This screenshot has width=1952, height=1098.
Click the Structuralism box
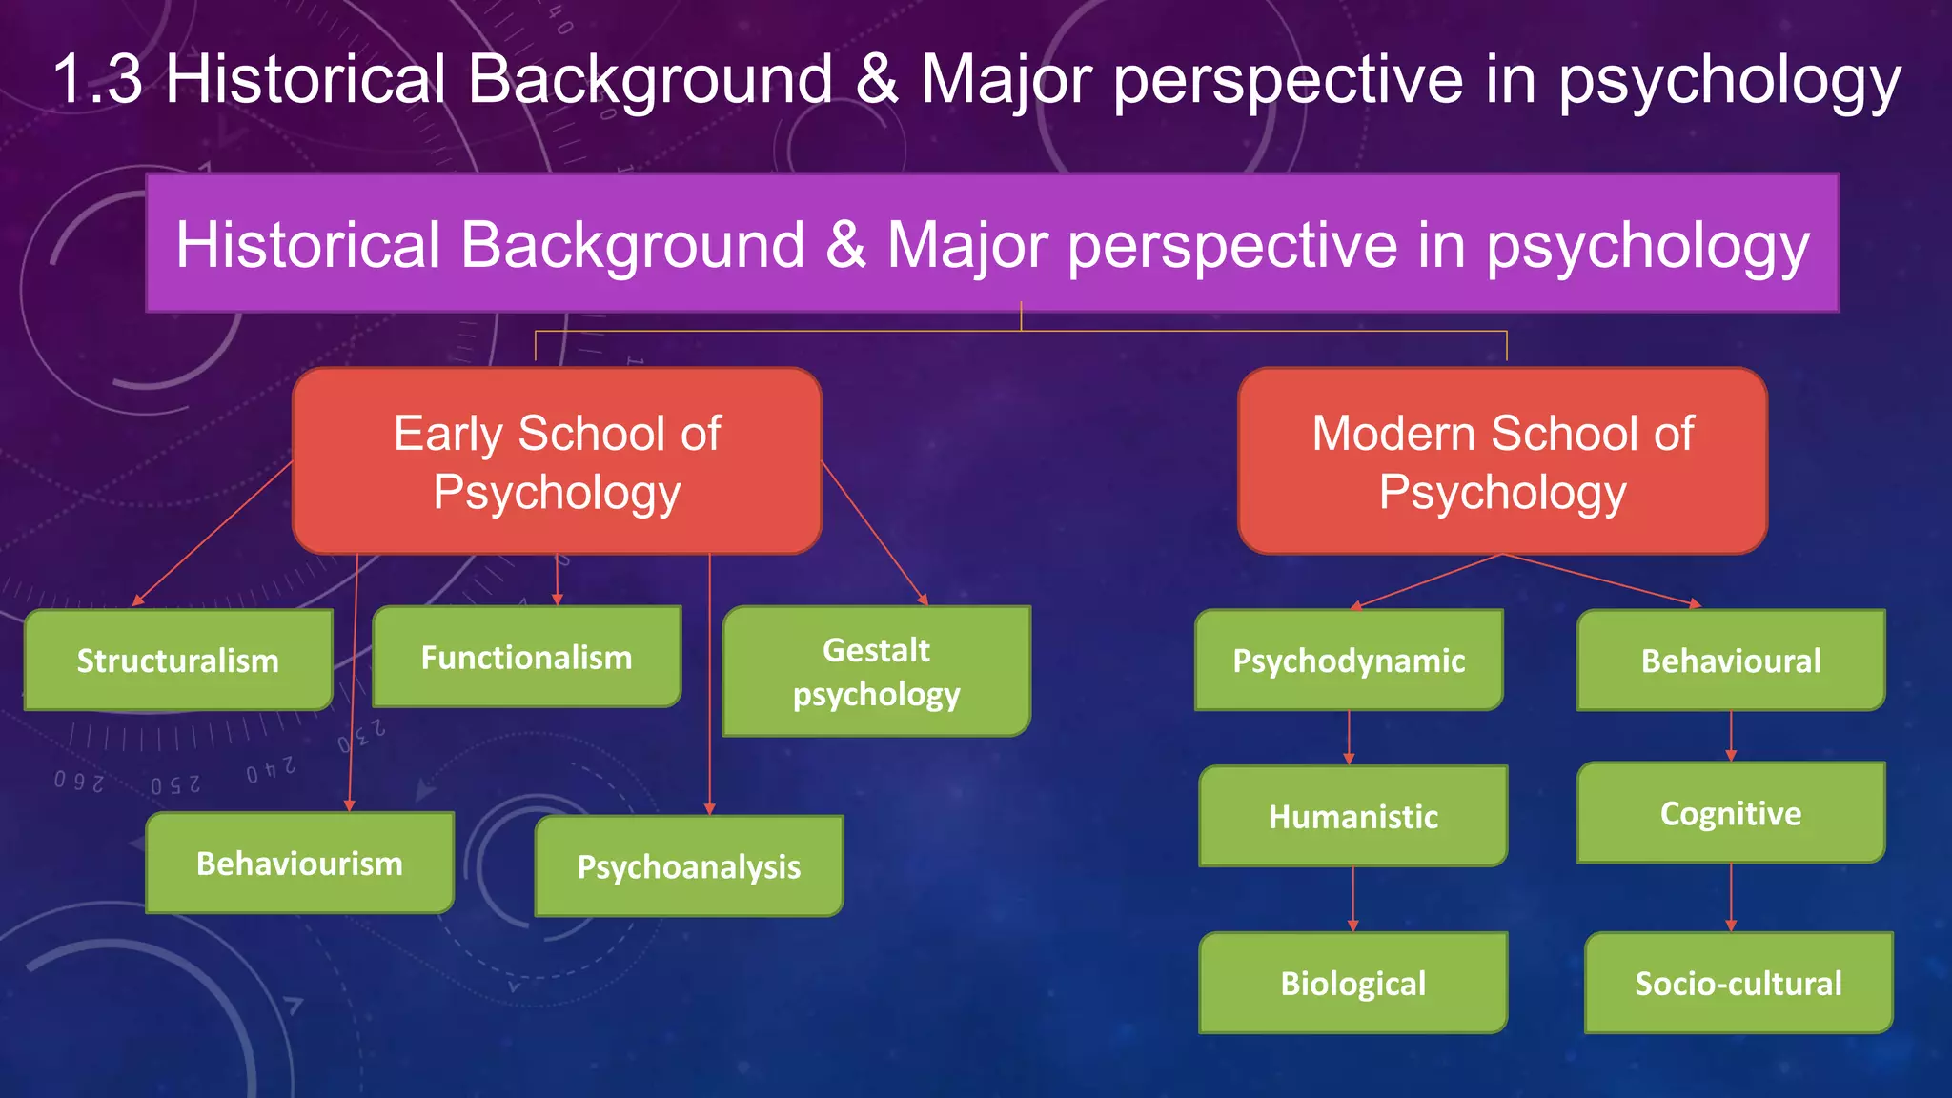click(x=178, y=661)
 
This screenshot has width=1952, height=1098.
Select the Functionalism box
click(x=527, y=657)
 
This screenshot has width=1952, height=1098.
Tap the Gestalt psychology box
click(x=877, y=672)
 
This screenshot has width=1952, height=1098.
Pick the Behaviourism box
click(x=299, y=864)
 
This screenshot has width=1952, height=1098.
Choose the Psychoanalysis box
click(x=689, y=866)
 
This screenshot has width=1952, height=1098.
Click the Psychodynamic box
click(x=1349, y=661)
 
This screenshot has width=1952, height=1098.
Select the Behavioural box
click(x=1731, y=661)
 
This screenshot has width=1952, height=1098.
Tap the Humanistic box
click(x=1353, y=817)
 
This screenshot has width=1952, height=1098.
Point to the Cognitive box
click(x=1731, y=813)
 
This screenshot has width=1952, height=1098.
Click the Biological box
click(x=1353, y=983)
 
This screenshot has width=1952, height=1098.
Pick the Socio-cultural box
click(x=1738, y=983)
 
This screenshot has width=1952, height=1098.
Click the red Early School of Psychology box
click(x=557, y=461)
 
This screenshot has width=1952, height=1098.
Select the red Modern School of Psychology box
click(x=1502, y=461)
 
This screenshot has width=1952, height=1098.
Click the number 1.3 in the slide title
click(x=97, y=79)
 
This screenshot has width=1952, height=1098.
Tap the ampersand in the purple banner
click(x=846, y=245)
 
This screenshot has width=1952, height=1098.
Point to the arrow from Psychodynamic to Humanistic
click(x=1349, y=738)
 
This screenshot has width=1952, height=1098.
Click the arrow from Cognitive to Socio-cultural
click(x=1731, y=897)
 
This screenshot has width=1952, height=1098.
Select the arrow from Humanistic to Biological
click(x=1353, y=899)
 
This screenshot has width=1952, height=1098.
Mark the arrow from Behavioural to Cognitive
click(x=1731, y=736)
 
